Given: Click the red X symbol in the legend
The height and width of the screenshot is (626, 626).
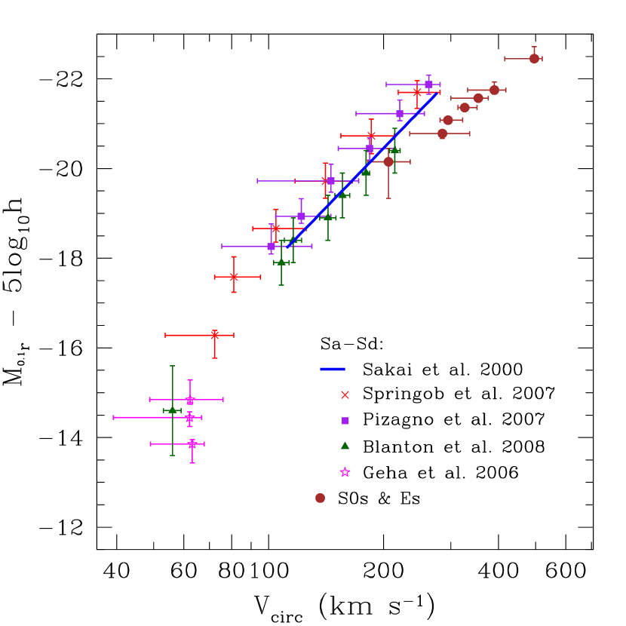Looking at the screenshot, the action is (345, 394).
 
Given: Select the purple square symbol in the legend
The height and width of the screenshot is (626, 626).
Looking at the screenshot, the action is (345, 421).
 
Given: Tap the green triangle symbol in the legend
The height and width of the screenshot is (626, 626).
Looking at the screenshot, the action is (345, 446).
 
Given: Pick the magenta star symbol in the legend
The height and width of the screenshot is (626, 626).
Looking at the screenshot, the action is (345, 472).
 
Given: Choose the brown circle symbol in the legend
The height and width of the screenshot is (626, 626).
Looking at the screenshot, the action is (320, 498).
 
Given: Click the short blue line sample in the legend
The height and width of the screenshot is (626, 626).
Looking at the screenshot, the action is (332, 369).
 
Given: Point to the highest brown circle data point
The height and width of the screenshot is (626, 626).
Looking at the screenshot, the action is (534, 58).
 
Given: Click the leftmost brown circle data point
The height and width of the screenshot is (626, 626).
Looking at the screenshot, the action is (388, 161).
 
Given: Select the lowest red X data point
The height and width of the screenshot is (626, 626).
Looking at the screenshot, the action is (214, 335).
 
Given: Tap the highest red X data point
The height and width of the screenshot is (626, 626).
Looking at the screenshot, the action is (417, 92).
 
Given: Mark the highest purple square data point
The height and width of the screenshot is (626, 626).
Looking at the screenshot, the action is (428, 84).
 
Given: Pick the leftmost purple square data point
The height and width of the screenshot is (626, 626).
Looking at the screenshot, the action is (271, 246).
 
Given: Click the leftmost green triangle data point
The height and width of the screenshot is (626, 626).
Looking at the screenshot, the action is (172, 410).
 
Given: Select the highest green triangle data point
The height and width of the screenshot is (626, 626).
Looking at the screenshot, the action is (394, 151).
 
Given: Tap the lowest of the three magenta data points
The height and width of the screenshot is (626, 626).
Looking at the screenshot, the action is (192, 444).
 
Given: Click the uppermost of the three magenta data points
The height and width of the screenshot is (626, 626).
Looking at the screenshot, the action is (190, 400).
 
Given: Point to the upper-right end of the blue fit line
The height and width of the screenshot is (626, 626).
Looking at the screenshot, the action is (436, 94).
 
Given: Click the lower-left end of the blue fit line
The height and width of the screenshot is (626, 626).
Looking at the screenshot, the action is (288, 247).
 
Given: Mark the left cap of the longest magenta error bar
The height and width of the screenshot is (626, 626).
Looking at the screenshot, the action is (114, 417).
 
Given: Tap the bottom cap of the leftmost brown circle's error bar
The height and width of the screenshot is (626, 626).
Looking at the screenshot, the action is (388, 198).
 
